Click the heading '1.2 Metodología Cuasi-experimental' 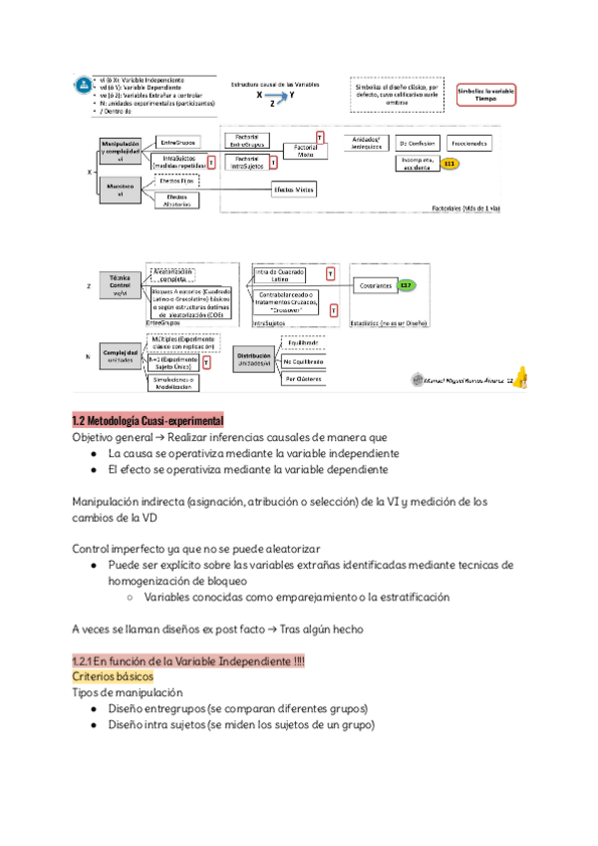click(x=147, y=419)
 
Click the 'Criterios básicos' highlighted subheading click(x=113, y=675)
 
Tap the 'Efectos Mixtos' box click(x=293, y=190)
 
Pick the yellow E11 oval click(x=449, y=163)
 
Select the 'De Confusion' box click(x=418, y=144)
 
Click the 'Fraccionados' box click(x=467, y=144)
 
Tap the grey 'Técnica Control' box click(x=119, y=284)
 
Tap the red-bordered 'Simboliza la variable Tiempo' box click(x=486, y=94)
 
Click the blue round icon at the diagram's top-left click(x=80, y=87)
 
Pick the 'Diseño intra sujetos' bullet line click(x=241, y=725)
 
